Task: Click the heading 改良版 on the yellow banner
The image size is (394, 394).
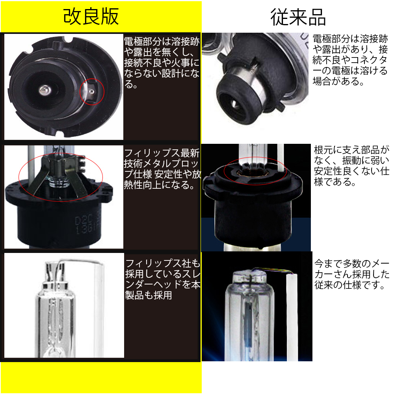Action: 91,17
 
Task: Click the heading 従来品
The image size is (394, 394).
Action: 298,17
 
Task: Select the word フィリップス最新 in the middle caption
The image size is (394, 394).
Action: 162,153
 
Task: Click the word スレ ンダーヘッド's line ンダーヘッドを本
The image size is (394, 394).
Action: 163,284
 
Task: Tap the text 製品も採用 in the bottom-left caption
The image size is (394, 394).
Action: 149,295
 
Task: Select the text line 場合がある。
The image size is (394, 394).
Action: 338,81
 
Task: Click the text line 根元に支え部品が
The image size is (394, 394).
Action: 351,150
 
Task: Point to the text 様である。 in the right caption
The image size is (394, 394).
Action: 335,182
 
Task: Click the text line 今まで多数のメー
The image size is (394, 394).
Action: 352,264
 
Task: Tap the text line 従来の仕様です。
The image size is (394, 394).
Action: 349,285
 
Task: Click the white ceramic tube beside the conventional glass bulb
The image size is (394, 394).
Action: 292,317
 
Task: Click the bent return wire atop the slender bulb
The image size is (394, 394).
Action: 80,261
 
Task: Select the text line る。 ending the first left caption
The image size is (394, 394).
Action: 131,84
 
